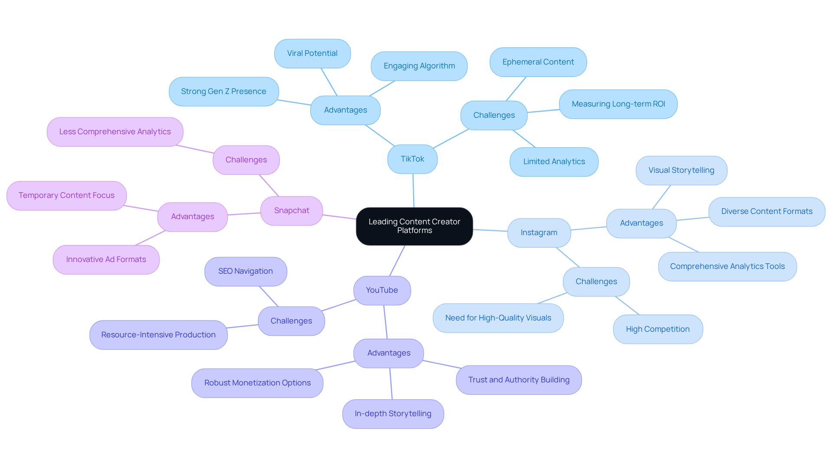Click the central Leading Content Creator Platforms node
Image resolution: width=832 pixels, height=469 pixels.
[x=414, y=226]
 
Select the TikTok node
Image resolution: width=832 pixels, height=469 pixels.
[x=412, y=159]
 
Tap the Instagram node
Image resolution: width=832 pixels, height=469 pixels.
[x=539, y=233]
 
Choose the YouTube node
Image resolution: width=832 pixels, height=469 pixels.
[x=382, y=290]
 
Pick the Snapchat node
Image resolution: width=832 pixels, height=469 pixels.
[x=292, y=210]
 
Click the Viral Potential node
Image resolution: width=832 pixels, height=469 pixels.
[x=312, y=53]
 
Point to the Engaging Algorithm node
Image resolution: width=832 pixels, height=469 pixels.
[x=419, y=66]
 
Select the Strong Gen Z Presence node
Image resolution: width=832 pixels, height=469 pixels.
[x=224, y=91]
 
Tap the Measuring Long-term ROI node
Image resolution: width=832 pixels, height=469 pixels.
[x=618, y=104]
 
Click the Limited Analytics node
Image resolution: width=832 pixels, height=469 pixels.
[x=554, y=162]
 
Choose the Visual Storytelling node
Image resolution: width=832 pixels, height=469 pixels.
[x=681, y=170]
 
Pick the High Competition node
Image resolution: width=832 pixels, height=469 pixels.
[x=657, y=329]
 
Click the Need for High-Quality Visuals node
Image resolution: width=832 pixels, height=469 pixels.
[x=498, y=318]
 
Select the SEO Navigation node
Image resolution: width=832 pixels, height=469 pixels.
[x=245, y=271]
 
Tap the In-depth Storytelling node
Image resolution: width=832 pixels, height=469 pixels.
[x=393, y=414]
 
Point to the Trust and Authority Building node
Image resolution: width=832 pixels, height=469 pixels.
[x=519, y=380]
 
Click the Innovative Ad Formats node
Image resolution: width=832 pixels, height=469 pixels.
[x=106, y=259]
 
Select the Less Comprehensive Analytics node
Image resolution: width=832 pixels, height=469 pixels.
[x=115, y=132]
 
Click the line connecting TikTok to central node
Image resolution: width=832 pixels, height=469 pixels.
[x=413, y=191]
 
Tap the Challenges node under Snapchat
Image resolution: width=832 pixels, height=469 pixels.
[x=246, y=160]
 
